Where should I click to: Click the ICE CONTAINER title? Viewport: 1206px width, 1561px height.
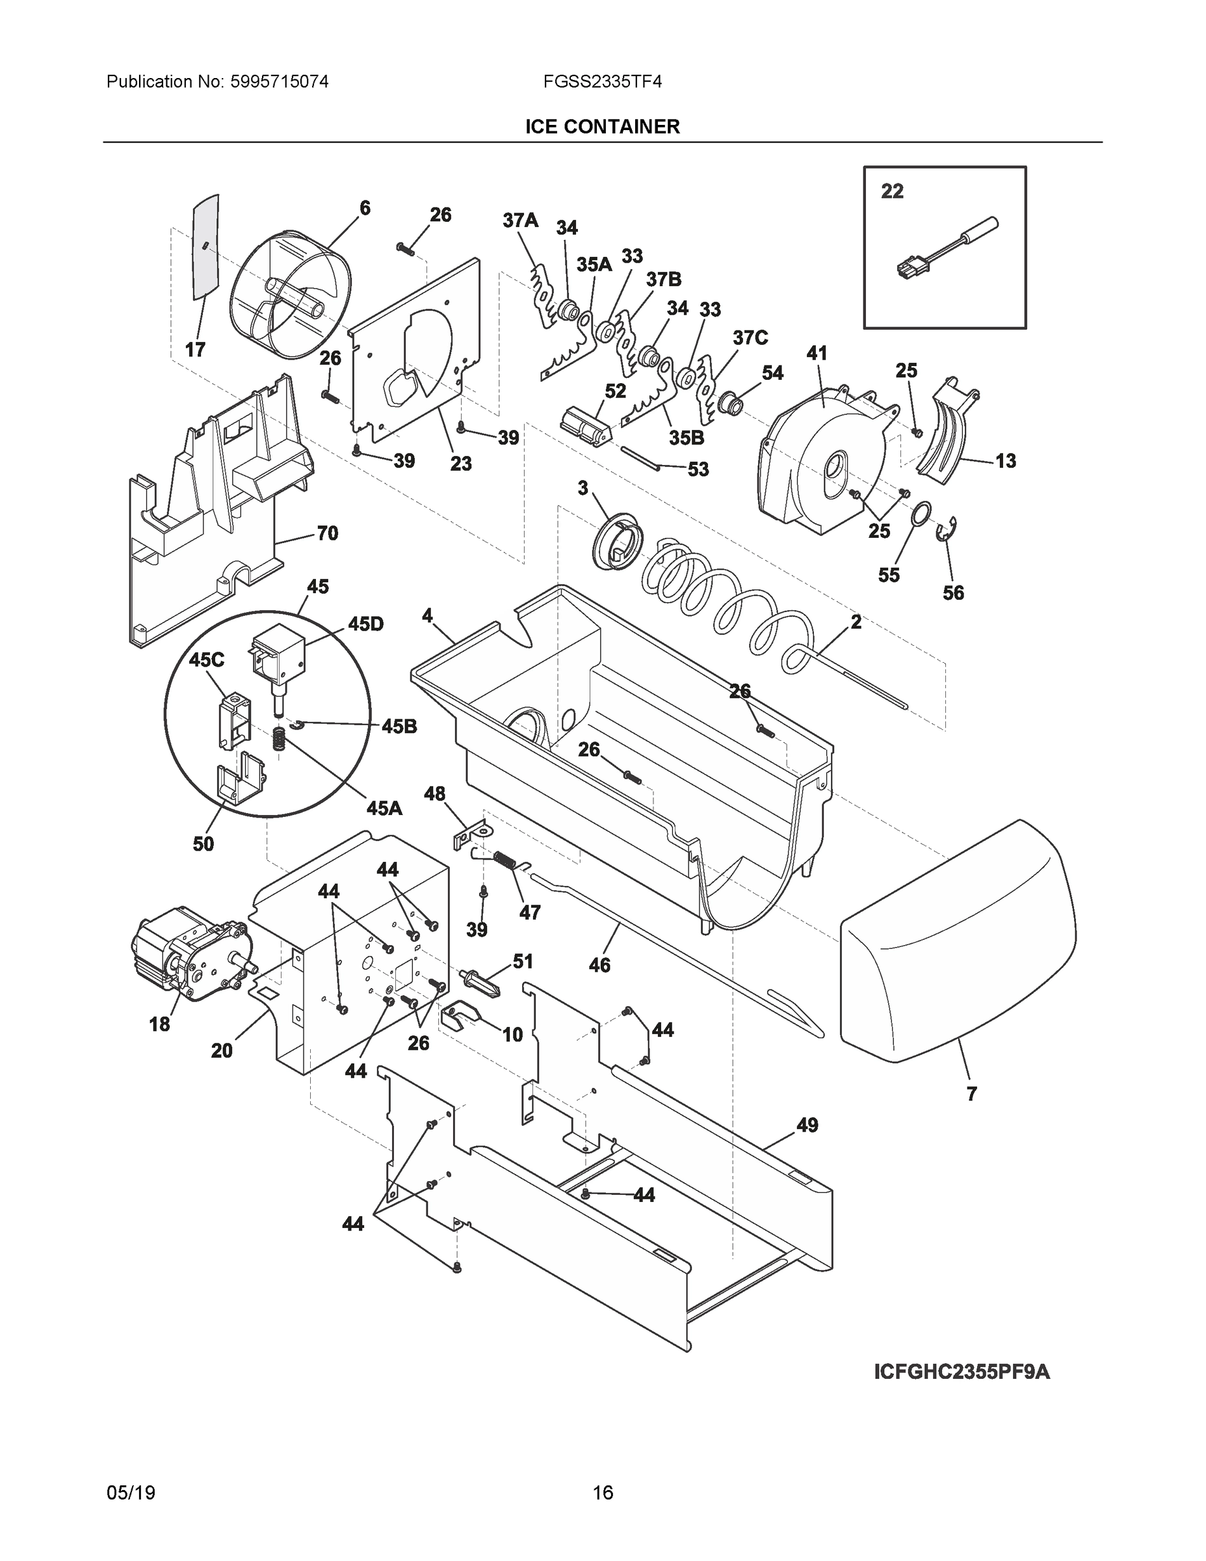(x=602, y=127)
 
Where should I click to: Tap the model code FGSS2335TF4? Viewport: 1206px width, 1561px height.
(x=601, y=81)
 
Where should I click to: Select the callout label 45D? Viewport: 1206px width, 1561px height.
(x=365, y=624)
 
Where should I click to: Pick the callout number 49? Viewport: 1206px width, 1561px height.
(x=807, y=1125)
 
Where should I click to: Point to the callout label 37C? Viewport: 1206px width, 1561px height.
(x=750, y=338)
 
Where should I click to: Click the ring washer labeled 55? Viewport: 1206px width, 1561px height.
(x=922, y=513)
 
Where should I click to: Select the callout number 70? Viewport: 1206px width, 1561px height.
(x=327, y=533)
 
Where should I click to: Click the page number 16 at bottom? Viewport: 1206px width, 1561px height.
(x=602, y=1493)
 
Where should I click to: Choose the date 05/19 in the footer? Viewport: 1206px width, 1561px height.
(x=131, y=1493)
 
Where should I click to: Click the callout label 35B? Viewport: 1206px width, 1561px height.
(x=687, y=438)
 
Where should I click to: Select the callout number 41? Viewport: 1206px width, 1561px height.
(x=817, y=353)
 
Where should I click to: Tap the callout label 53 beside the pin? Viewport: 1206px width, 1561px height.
(x=698, y=469)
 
